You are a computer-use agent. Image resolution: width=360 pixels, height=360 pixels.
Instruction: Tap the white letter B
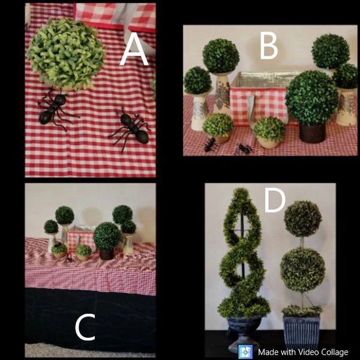click(269, 45)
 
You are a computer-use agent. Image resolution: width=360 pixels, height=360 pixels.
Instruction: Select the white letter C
click(85, 327)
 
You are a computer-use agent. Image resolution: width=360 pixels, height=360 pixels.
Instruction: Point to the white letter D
click(275, 200)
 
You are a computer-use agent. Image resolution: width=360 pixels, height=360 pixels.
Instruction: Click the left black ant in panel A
click(55, 110)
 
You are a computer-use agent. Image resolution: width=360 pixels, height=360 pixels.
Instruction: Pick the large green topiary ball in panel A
click(66, 54)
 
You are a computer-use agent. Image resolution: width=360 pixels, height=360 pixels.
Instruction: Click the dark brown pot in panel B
click(313, 133)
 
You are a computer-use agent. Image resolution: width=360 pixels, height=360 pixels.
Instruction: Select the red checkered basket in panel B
click(259, 99)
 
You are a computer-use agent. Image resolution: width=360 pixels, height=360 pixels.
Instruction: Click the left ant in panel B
click(211, 145)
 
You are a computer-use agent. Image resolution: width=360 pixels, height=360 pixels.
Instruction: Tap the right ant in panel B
click(244, 149)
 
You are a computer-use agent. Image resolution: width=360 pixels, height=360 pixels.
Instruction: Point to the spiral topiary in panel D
click(244, 253)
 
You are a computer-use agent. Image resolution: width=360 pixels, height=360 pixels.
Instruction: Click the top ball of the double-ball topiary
click(303, 218)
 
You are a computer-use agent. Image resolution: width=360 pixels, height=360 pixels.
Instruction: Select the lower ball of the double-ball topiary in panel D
click(302, 270)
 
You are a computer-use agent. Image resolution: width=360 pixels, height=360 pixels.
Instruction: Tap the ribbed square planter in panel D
click(301, 331)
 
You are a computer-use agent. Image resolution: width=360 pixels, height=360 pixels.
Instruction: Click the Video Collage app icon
click(245, 352)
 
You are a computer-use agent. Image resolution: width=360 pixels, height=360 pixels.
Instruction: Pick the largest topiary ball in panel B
click(311, 98)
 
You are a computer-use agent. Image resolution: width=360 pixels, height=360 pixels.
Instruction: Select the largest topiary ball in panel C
click(107, 236)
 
